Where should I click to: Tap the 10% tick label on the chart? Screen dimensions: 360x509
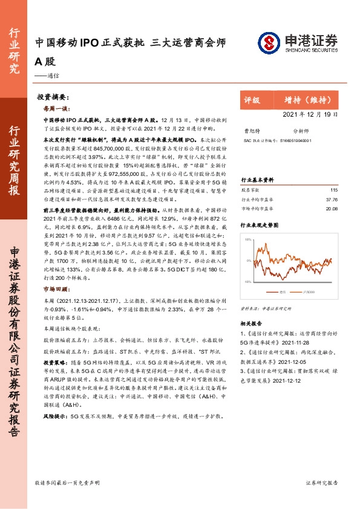tap(248, 240)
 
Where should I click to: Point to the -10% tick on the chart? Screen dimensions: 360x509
tap(247, 282)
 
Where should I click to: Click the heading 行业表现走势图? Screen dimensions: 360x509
tap(260, 223)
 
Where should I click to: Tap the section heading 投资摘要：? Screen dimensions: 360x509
tap(51, 97)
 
